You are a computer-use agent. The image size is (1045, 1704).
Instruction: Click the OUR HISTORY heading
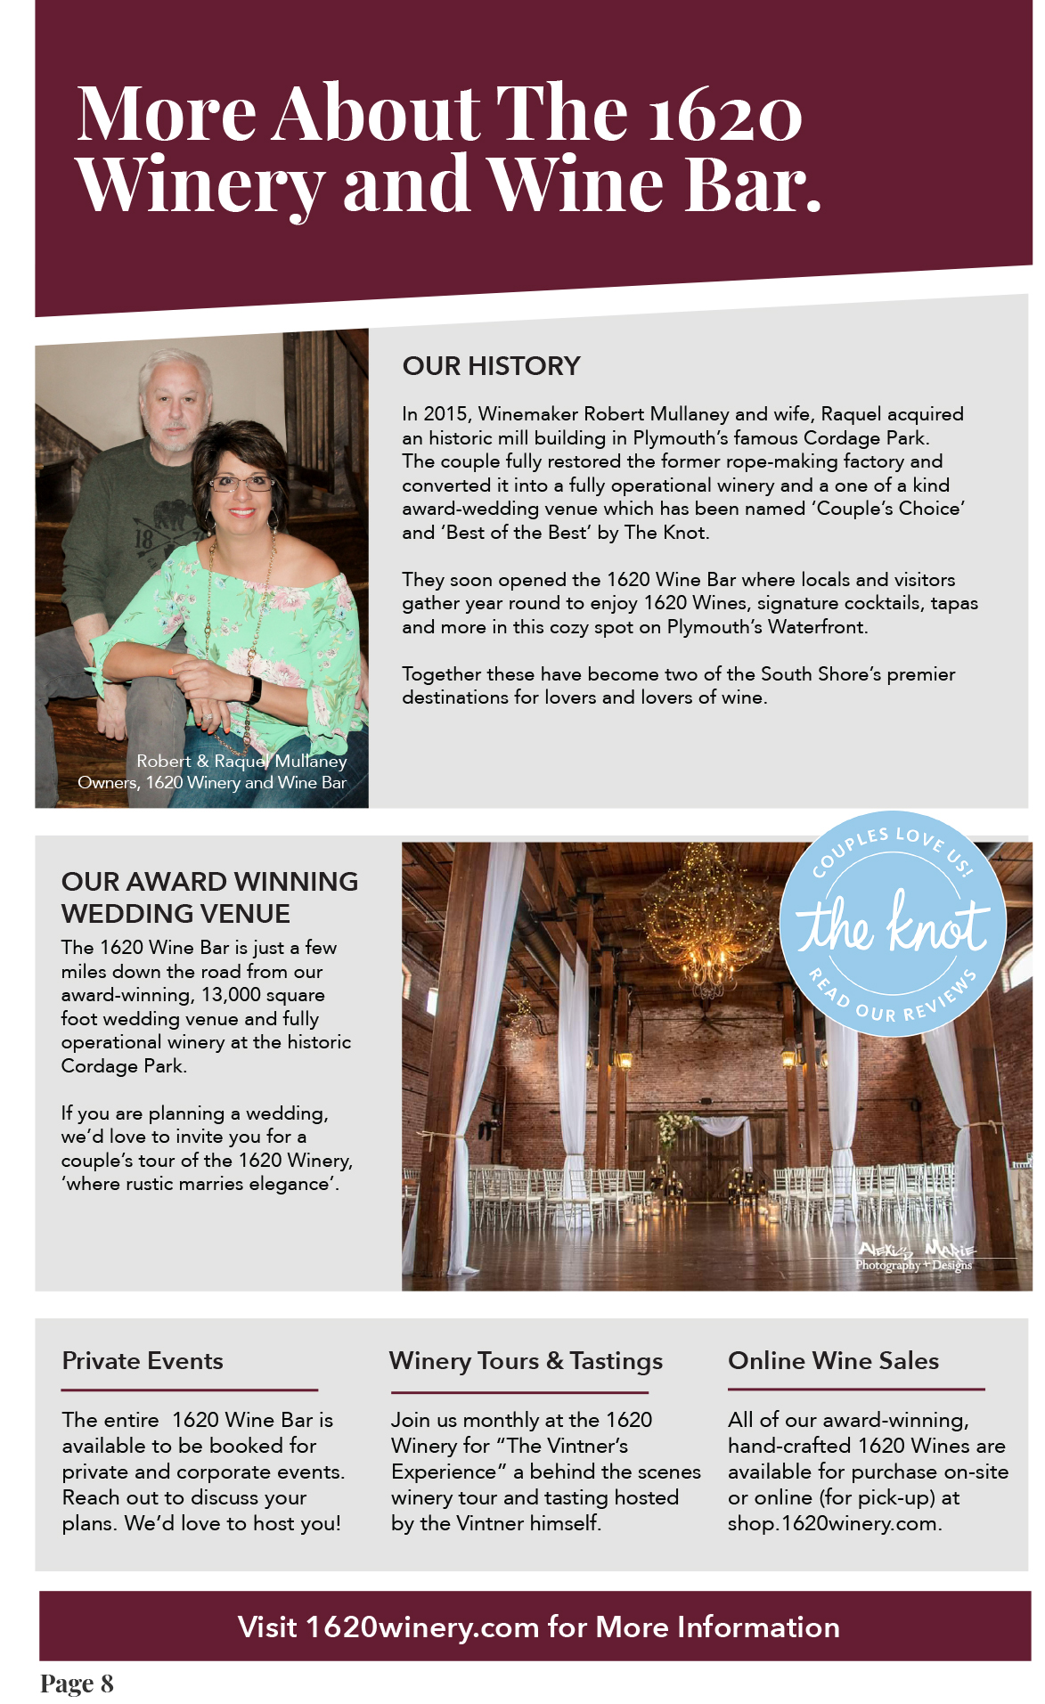click(491, 366)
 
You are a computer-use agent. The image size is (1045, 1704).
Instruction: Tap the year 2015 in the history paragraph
click(445, 414)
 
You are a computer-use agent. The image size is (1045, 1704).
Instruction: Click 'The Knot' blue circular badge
click(893, 925)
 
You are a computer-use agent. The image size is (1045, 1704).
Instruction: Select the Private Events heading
click(143, 1361)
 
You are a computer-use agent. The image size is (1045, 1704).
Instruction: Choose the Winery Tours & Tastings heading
click(526, 1361)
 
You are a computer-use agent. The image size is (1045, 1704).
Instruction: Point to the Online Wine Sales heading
click(833, 1361)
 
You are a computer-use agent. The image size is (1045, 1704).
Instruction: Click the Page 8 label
click(77, 1684)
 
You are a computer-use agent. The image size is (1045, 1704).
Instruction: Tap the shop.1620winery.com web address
click(833, 1524)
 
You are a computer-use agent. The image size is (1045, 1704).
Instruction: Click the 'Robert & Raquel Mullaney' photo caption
click(241, 762)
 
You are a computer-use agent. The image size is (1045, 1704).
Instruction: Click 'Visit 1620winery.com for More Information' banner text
click(538, 1627)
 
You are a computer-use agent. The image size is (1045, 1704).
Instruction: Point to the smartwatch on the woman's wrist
click(254, 689)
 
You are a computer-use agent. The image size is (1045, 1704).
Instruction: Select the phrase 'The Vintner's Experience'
click(512, 1458)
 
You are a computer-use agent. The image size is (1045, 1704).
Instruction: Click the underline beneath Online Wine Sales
click(856, 1389)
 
